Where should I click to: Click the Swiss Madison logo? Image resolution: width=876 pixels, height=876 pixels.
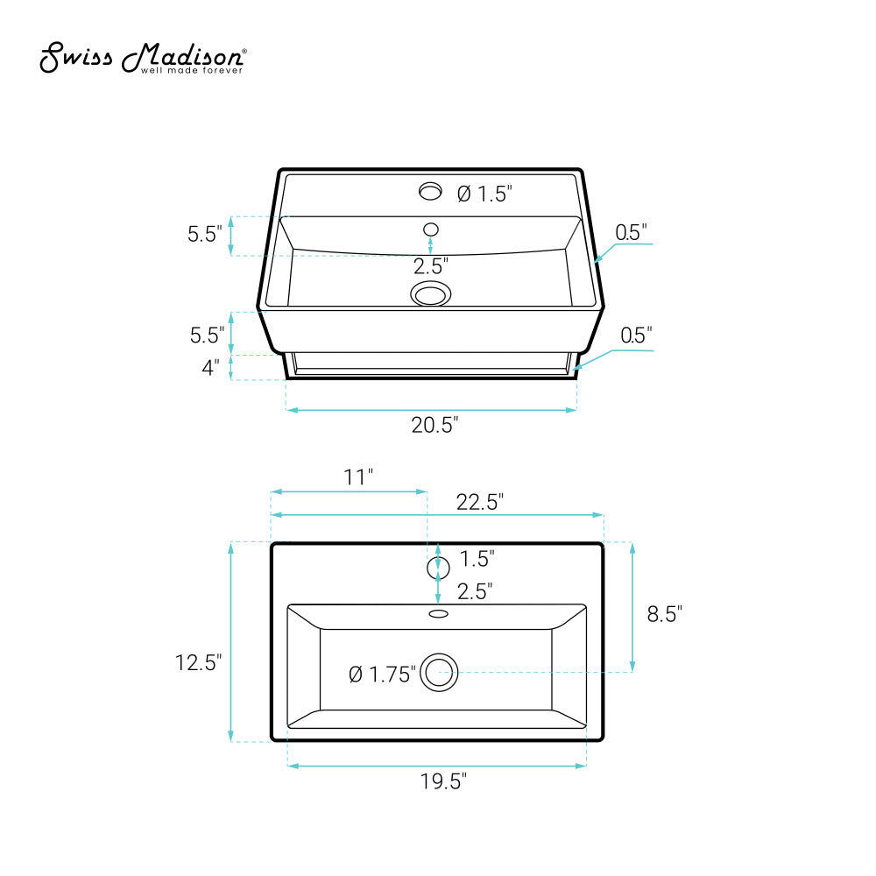(143, 57)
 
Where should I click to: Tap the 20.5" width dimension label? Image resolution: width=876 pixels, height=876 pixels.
(434, 425)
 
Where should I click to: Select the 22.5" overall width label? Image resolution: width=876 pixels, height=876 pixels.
(480, 502)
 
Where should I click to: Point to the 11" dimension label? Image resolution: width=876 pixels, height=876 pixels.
(358, 477)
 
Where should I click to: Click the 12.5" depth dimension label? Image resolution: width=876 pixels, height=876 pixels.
(198, 662)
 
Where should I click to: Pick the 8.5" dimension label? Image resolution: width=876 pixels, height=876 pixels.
(664, 614)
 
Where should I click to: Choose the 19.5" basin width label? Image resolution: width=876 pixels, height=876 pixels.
(443, 781)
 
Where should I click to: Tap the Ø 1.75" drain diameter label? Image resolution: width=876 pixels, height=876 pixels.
(383, 675)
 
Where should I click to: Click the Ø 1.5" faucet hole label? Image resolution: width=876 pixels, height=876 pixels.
(484, 194)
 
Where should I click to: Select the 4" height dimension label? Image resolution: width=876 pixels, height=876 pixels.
(210, 368)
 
